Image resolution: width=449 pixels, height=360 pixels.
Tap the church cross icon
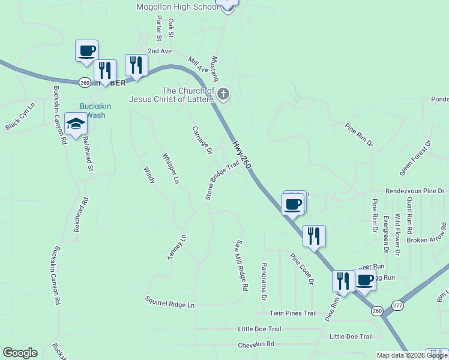(223, 94)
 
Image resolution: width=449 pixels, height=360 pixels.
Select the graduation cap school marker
(76, 125)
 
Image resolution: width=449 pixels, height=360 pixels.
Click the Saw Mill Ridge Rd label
(241, 265)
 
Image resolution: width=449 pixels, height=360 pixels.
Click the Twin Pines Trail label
(292, 313)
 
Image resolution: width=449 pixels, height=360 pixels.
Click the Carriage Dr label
(202, 140)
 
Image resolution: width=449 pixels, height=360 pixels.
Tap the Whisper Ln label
(170, 168)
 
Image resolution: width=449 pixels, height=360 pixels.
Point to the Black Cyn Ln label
(20, 117)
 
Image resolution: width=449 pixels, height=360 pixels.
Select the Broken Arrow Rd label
(426, 239)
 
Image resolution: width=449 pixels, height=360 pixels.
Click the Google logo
(20, 353)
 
